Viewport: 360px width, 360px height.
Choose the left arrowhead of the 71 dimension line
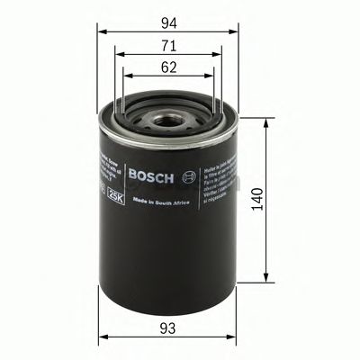coord(119,58)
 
